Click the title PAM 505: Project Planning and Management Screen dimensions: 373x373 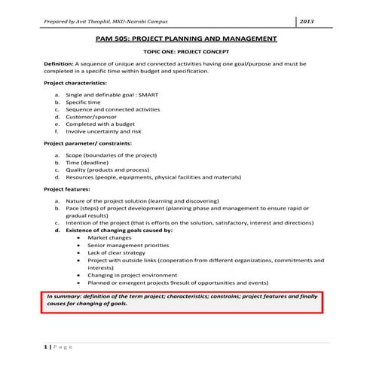pos(187,39)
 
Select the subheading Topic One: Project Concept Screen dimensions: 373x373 pos(186,54)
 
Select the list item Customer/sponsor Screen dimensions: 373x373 pos(93,118)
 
